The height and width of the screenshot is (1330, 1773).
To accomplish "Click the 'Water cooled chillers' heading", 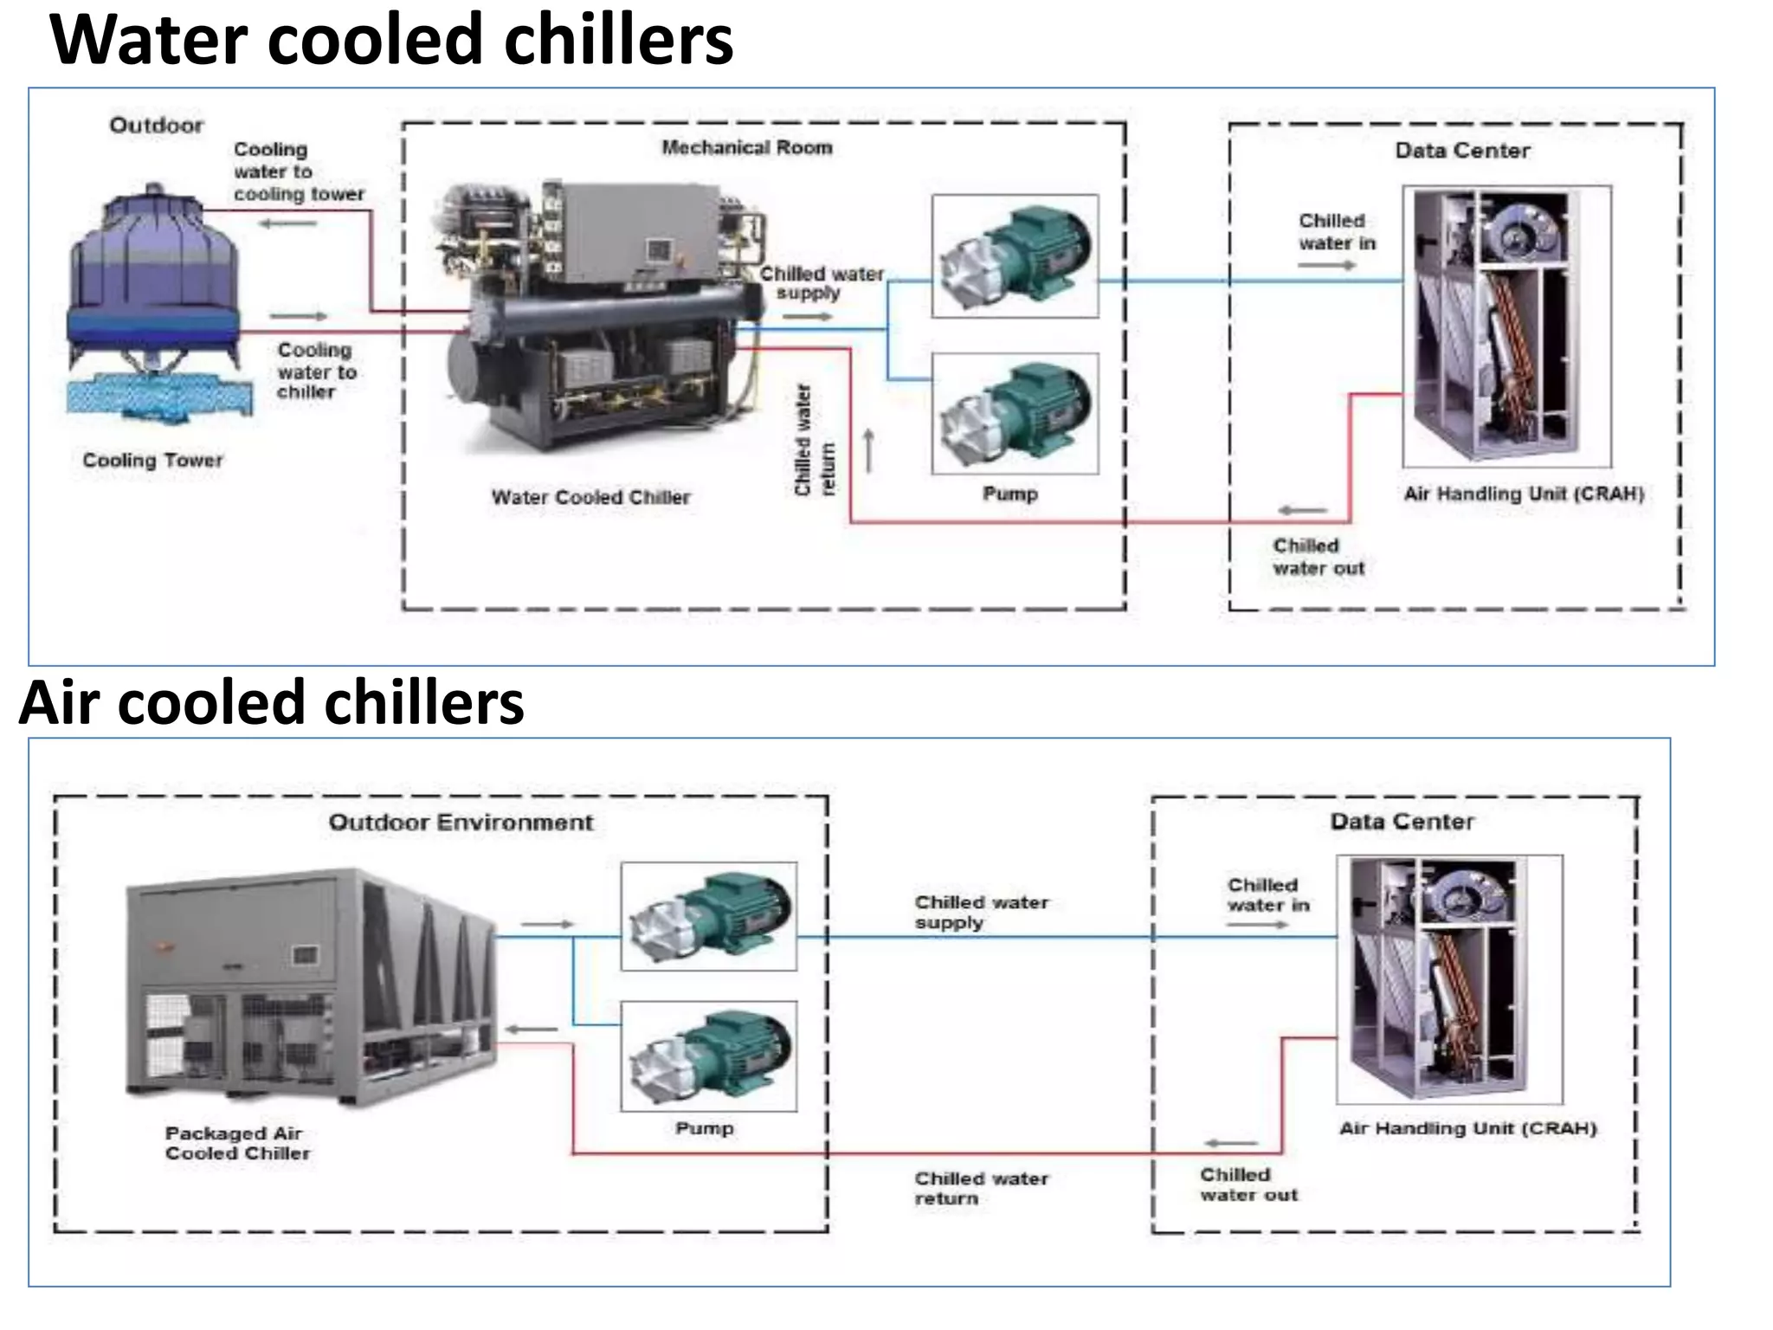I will coord(391,40).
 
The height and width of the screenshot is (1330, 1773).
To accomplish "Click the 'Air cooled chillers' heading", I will coord(271,702).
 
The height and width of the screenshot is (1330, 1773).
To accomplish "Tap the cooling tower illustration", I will coord(156,299).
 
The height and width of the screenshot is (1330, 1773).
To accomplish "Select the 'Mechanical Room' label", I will coord(747,148).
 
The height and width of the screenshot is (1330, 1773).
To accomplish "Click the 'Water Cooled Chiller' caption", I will coord(590,498).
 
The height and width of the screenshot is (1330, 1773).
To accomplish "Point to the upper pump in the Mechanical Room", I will coord(1015,256).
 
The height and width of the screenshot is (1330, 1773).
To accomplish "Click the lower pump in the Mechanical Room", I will coord(1015,413).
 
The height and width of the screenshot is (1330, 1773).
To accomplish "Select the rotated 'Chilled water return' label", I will coord(815,441).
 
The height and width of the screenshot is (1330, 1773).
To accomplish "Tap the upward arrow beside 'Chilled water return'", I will coord(868,450).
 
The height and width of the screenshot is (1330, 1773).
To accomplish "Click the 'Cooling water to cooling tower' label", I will coord(298,172).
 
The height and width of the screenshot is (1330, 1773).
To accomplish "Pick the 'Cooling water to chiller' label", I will coord(316,371).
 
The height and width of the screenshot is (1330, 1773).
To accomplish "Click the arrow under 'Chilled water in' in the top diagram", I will coord(1325,265).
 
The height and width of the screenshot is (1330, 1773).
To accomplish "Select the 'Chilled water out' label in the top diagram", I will coord(1318,558).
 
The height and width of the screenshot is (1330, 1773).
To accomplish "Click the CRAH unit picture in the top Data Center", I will coord(1506,326).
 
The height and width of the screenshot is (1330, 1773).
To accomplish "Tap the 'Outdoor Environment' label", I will coord(461,823).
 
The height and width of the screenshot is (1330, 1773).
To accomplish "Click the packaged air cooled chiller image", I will coord(312,987).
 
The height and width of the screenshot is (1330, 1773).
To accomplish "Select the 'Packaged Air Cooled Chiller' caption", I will coord(237,1143).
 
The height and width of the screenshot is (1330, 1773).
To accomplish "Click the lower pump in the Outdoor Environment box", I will coord(708,1056).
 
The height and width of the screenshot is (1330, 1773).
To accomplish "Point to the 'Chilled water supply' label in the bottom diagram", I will coord(981,913).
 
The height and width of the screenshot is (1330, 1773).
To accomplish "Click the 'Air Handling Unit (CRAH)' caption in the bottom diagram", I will coord(1467,1128).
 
